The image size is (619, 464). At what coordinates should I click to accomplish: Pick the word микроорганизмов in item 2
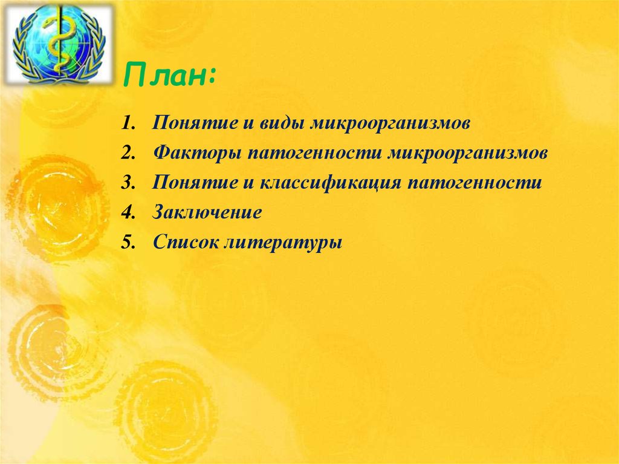pyautogui.click(x=468, y=154)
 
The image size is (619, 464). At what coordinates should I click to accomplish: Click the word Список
pyautogui.click(x=186, y=243)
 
